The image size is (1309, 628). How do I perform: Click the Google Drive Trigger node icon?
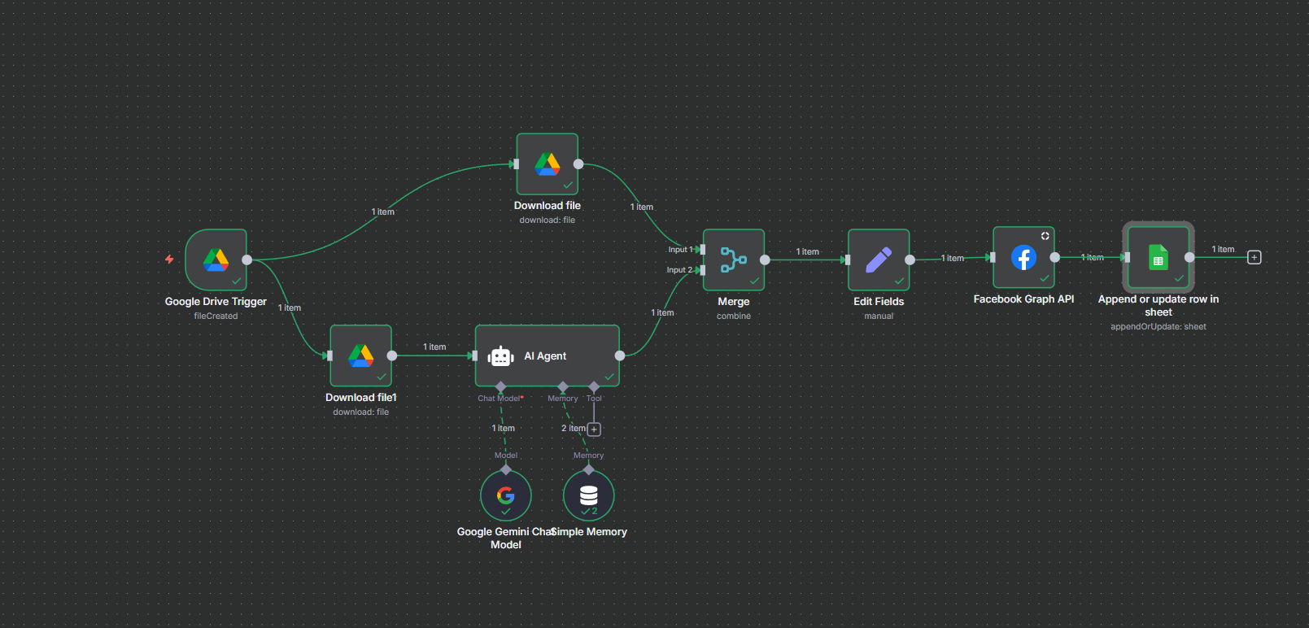click(x=216, y=259)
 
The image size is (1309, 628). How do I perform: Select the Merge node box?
click(x=733, y=259)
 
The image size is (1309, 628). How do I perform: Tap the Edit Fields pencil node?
click(x=879, y=259)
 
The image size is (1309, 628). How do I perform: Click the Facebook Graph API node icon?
click(x=1023, y=257)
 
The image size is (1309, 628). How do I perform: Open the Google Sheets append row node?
click(x=1158, y=257)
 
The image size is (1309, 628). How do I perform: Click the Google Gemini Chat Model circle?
click(x=506, y=495)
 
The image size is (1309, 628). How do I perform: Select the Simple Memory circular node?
click(x=588, y=495)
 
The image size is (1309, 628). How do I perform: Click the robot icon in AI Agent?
click(x=500, y=356)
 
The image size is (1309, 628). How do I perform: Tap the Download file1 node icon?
click(x=360, y=355)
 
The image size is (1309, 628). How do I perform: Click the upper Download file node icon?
click(x=547, y=164)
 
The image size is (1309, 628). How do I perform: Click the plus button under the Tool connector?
click(x=594, y=430)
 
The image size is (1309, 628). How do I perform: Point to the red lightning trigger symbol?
click(x=169, y=259)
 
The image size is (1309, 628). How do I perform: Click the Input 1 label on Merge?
click(x=678, y=250)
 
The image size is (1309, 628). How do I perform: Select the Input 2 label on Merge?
click(x=678, y=270)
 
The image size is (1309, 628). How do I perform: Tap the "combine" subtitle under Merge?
click(x=733, y=316)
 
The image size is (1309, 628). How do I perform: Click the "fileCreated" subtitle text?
click(x=216, y=316)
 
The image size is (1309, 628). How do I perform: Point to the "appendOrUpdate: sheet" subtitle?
click(x=1158, y=327)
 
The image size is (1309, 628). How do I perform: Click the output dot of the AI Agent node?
click(x=620, y=355)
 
